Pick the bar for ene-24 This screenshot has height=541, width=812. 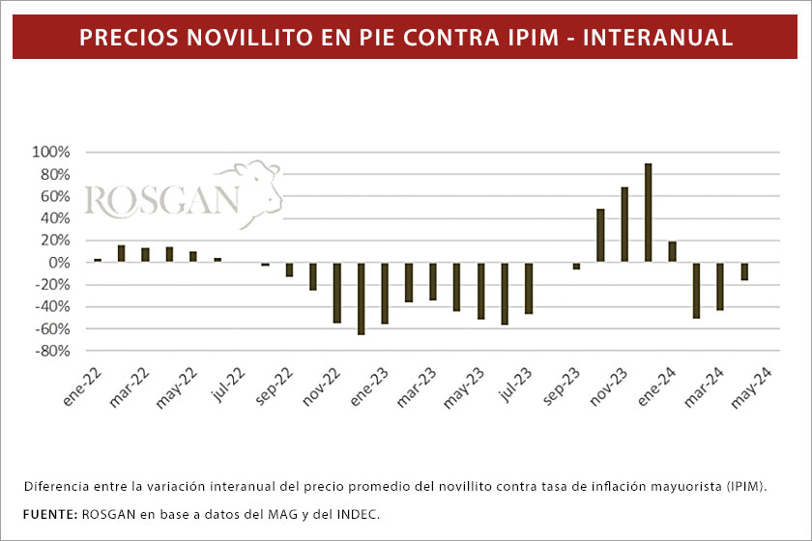(x=672, y=251)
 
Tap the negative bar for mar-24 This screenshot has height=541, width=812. (x=720, y=285)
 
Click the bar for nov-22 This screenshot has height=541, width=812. (x=337, y=292)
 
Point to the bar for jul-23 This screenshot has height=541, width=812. (x=529, y=288)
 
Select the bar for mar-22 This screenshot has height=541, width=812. (x=122, y=253)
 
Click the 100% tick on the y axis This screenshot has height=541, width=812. (x=50, y=153)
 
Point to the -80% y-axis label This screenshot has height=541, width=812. (x=50, y=351)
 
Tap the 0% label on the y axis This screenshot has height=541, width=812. (x=58, y=263)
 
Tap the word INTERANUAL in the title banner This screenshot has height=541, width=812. (x=658, y=38)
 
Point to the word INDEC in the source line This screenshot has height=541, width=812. (x=357, y=513)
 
